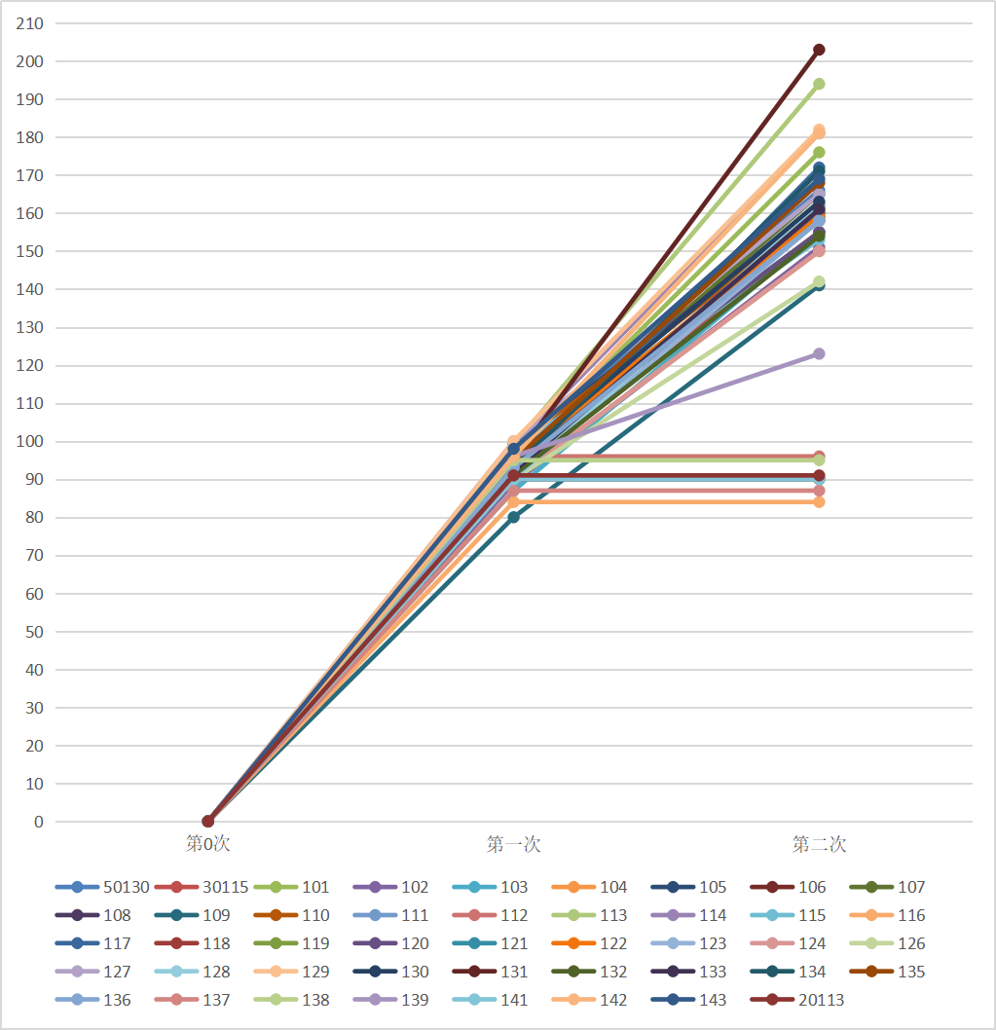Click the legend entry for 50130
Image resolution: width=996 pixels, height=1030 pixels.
tap(102, 887)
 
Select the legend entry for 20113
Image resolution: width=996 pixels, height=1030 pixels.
tap(797, 1000)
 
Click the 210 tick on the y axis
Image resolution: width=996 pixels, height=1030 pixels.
tap(31, 23)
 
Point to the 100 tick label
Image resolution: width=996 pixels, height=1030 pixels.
tap(31, 442)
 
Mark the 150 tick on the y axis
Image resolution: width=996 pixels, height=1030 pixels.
tap(31, 251)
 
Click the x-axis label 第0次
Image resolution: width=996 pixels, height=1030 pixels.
tap(207, 844)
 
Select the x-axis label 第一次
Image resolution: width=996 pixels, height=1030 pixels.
tap(513, 844)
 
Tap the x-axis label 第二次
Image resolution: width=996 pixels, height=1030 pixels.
tap(819, 844)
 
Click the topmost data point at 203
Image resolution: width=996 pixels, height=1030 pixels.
tap(819, 50)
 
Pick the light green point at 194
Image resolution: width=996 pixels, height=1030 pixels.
tap(819, 84)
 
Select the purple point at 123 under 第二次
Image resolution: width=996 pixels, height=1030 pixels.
tap(819, 353)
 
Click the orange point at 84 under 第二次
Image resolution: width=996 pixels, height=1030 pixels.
tap(819, 501)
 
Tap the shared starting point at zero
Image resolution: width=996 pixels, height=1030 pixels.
tap(207, 821)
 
